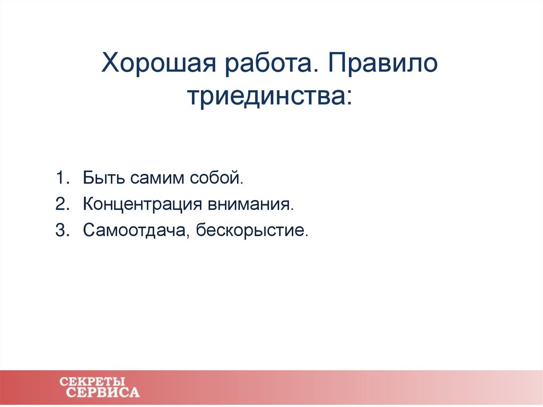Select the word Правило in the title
coord(385,65)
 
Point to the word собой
coord(214,177)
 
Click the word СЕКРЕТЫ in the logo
coord(92,382)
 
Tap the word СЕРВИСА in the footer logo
coord(103,393)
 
